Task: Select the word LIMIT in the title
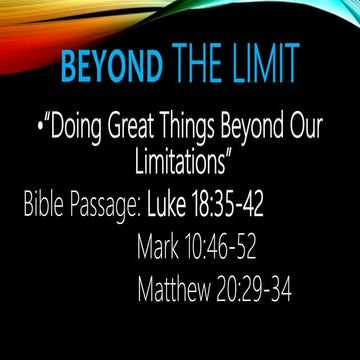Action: tap(260, 69)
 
